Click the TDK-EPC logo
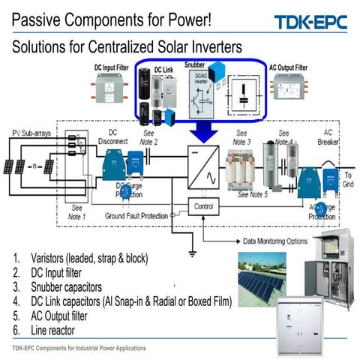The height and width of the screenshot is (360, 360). pos(311,22)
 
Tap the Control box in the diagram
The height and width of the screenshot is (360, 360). pos(203,205)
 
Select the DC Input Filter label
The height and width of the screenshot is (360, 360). pos(113,67)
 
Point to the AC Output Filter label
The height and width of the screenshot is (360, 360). pos(288,67)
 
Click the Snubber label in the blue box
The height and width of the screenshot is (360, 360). pos(196,64)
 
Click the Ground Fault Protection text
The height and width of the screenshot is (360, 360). pos(140,215)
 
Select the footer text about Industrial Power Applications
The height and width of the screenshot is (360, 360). pos(79,349)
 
